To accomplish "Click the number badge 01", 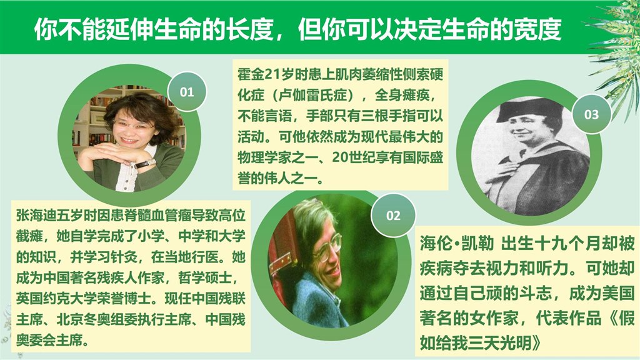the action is [x=186, y=91].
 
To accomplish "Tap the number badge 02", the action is [x=393, y=215].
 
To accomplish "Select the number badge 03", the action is [x=591, y=114].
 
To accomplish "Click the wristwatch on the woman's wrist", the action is [x=146, y=164].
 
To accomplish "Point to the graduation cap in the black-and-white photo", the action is [x=529, y=109].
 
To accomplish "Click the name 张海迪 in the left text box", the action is [x=36, y=215].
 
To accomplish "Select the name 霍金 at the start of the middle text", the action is [x=251, y=75].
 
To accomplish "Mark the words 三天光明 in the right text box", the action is [x=500, y=343].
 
